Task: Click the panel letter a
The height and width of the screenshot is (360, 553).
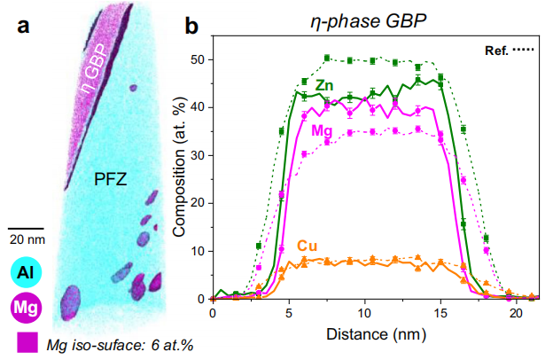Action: (26, 27)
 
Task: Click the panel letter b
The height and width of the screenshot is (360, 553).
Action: (191, 27)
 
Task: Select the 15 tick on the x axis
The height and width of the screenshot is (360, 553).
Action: (440, 314)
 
